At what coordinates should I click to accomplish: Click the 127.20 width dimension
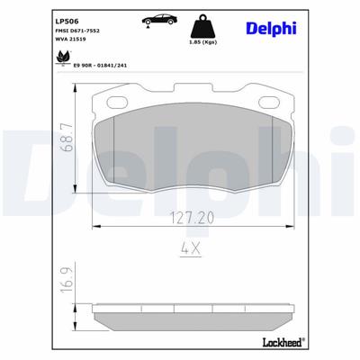point(193,219)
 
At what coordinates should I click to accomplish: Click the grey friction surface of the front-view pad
point(193,153)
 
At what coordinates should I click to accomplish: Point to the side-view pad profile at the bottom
point(193,316)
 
